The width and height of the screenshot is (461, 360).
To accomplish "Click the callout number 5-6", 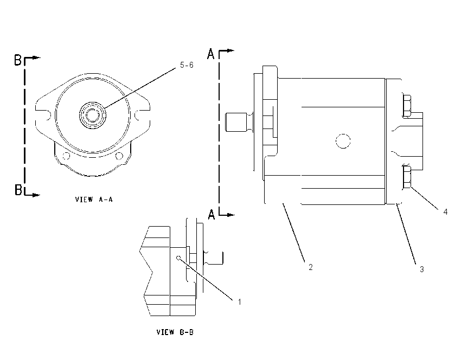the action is (x=187, y=65).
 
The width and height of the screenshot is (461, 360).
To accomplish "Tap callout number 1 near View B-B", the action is (x=240, y=302).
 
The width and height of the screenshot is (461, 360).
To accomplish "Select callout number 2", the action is (x=310, y=267).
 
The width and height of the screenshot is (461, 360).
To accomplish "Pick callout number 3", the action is (x=421, y=269).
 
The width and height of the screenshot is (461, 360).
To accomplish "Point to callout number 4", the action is (x=445, y=211).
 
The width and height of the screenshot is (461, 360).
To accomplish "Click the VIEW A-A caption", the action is (x=94, y=200).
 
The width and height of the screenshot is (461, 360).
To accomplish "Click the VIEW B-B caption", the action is (x=175, y=332).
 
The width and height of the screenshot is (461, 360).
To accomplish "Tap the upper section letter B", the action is (x=18, y=60).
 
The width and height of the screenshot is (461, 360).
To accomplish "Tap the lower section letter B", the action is (x=18, y=190).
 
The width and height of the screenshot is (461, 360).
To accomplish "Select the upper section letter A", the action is (x=211, y=54).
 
